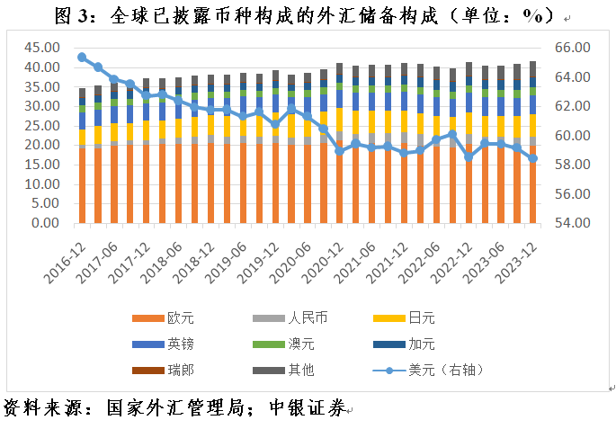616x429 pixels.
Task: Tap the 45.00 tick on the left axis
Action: pyautogui.click(x=42, y=47)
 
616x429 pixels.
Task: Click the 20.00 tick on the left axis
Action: pyautogui.click(x=42, y=145)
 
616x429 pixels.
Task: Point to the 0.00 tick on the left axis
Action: pyautogui.click(x=46, y=223)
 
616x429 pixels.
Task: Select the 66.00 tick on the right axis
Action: pyautogui.click(x=571, y=47)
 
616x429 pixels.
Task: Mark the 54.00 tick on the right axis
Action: pyautogui.click(x=571, y=223)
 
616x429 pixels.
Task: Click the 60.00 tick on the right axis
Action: pyautogui.click(x=571, y=135)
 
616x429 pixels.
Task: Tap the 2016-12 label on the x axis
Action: pyautogui.click(x=67, y=256)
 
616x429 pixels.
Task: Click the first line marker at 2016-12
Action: pyautogui.click(x=82, y=57)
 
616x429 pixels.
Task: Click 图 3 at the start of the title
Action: pyautogui.click(x=71, y=16)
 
